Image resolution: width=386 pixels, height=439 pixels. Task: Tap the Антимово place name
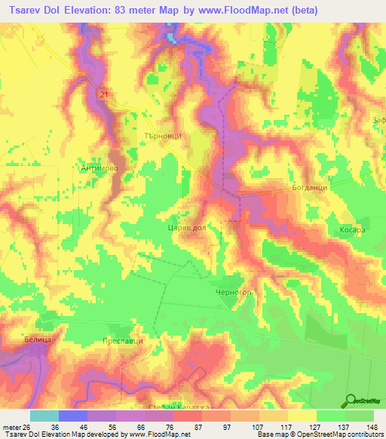pyautogui.click(x=96, y=169)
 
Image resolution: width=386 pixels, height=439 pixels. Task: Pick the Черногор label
pyautogui.click(x=232, y=291)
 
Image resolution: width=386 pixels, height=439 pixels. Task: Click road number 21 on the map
pyautogui.click(x=103, y=94)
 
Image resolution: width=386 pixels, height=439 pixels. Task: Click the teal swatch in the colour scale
pyautogui.click(x=44, y=416)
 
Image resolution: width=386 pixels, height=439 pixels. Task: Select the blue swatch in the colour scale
pyautogui.click(x=73, y=416)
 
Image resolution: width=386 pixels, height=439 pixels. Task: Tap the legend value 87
pyautogui.click(x=196, y=426)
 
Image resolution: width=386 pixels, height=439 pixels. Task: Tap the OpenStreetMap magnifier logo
pyautogui.click(x=350, y=400)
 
